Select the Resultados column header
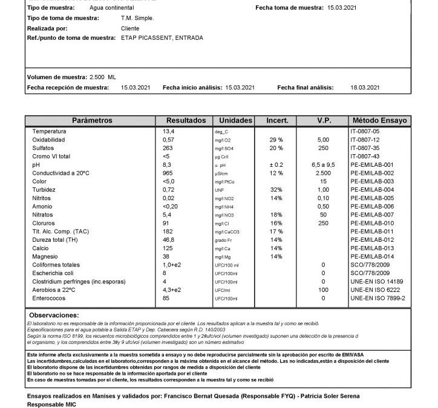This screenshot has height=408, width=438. coord(186,120)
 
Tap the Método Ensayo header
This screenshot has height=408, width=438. coord(379,120)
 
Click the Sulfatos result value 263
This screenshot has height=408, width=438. coord(168,147)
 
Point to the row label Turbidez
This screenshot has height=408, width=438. coord(45,190)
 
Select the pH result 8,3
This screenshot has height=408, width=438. coord(167,164)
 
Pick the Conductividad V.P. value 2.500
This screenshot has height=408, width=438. coord(323,173)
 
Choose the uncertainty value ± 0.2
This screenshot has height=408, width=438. coord(276,164)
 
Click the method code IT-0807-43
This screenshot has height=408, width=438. coord(365,156)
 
